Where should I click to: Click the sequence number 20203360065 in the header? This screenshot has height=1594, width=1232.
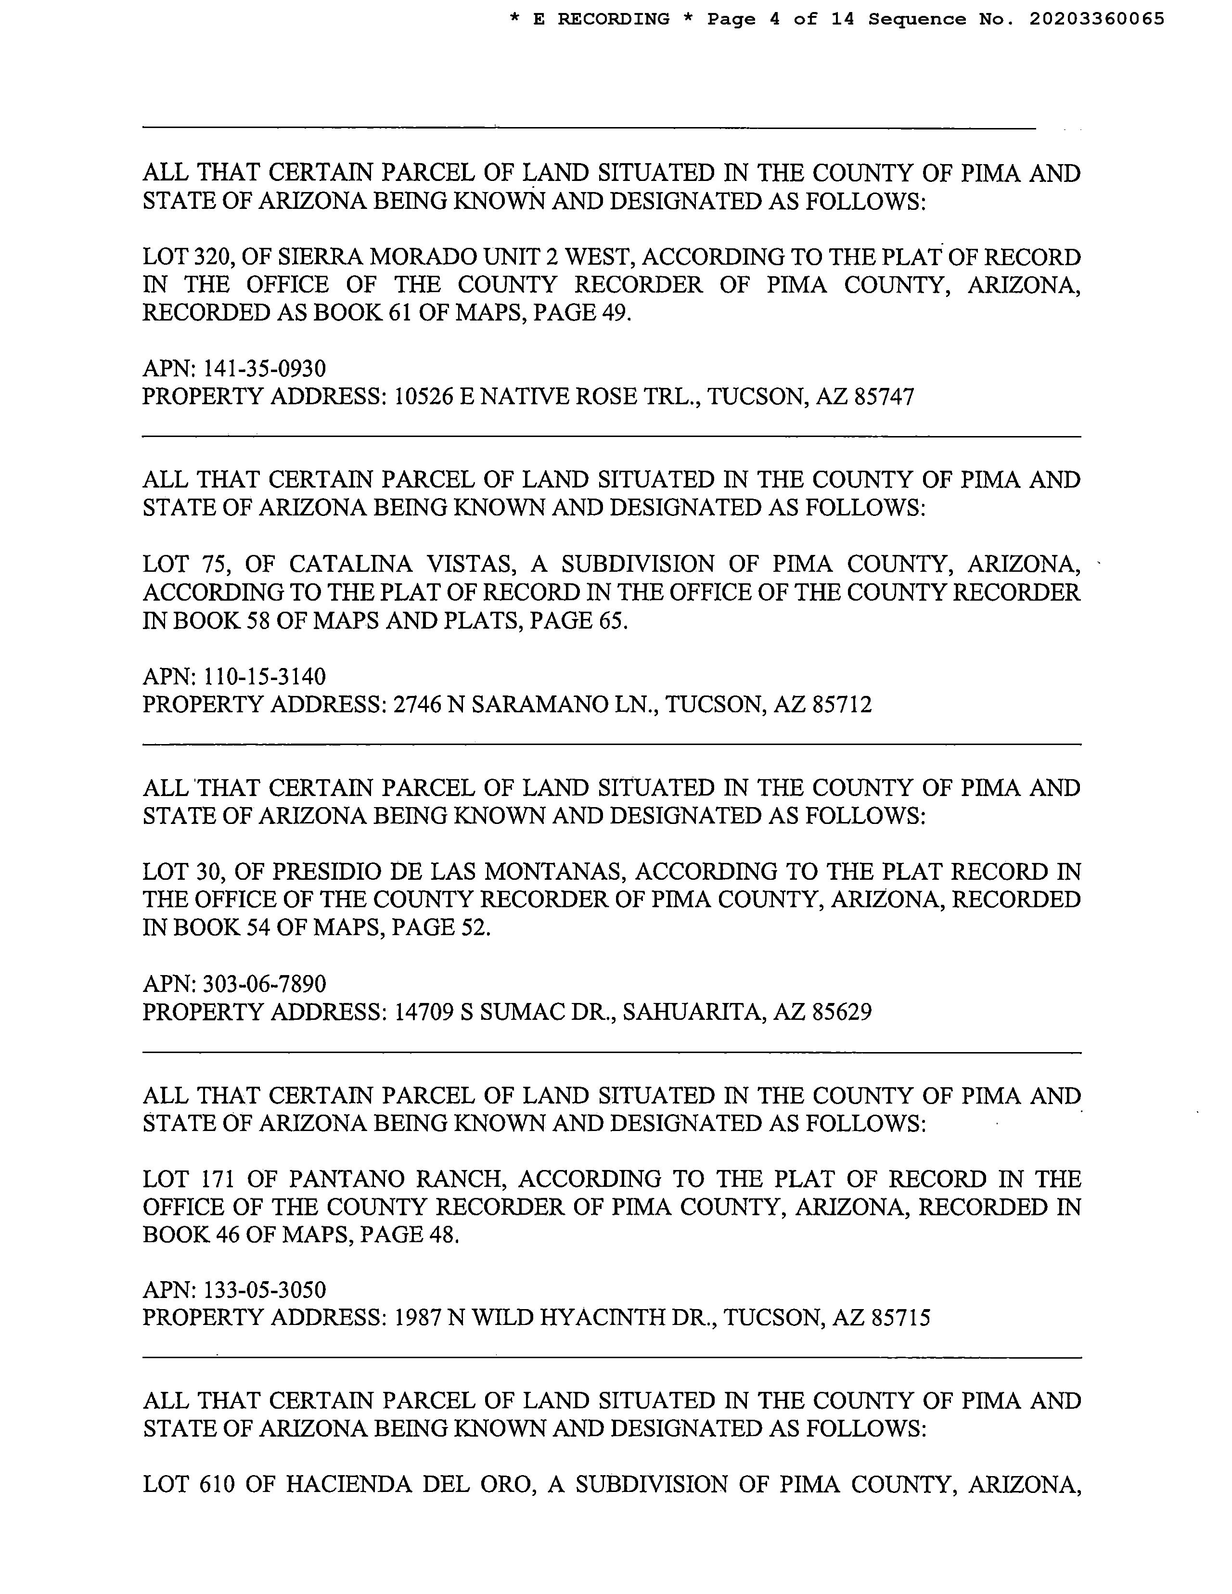coord(1096,19)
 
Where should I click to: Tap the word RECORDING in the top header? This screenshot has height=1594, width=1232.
coord(613,19)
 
